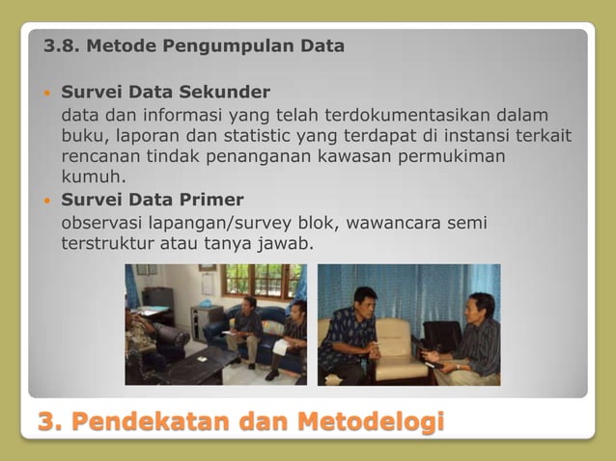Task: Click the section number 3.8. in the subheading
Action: point(62,45)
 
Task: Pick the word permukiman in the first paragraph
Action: point(458,156)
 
